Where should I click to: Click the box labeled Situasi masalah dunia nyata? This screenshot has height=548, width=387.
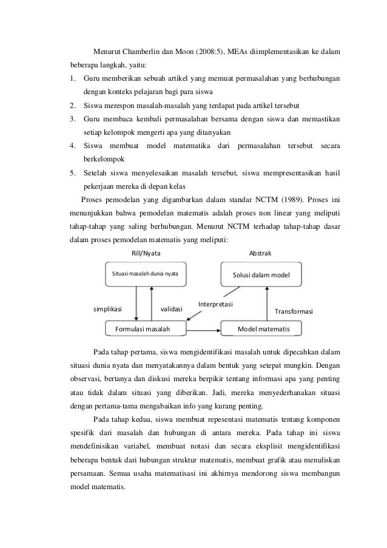click(x=146, y=274)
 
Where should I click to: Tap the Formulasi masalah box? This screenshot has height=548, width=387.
click(x=143, y=329)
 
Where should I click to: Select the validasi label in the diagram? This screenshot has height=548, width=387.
click(x=172, y=309)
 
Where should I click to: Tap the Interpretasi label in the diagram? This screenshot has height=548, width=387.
click(x=217, y=302)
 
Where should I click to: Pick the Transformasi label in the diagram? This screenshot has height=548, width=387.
click(x=294, y=311)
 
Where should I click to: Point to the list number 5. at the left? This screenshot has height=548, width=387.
click(x=72, y=173)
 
